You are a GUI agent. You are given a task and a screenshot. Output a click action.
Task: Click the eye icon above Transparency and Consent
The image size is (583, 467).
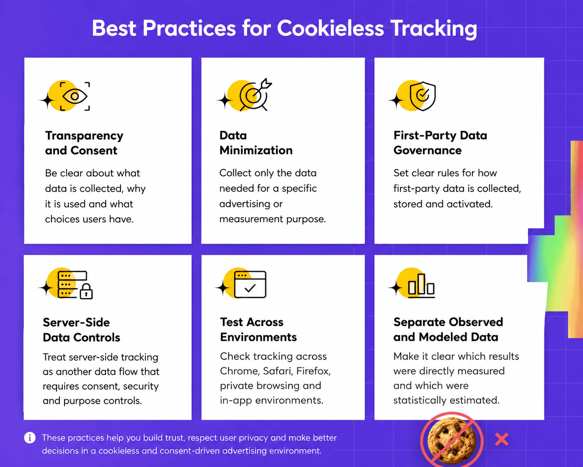(x=75, y=96)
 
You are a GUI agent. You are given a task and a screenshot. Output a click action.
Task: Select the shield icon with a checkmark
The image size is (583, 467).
(x=422, y=96)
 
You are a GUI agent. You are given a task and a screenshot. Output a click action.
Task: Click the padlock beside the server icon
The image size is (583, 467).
(x=86, y=291)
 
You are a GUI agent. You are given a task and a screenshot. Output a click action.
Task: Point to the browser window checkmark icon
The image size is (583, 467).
(x=250, y=284)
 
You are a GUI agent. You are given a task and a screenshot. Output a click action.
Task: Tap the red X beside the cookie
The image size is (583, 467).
(x=501, y=439)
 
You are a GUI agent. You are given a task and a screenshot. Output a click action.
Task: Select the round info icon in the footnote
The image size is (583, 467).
(x=30, y=437)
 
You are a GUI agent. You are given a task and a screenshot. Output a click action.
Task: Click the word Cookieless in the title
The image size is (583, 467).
(x=330, y=28)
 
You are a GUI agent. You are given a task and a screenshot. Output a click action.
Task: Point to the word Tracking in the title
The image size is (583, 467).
(x=434, y=29)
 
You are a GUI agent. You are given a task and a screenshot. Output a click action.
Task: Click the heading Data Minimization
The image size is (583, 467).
(x=256, y=143)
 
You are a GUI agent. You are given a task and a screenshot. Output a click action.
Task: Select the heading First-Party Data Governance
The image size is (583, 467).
(x=440, y=143)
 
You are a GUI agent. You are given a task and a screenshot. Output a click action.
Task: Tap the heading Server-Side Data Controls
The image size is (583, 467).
(x=81, y=330)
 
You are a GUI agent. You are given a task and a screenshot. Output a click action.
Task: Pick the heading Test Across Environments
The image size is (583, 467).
(x=258, y=330)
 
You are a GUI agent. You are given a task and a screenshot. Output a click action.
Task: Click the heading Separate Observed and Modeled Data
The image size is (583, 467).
(x=448, y=330)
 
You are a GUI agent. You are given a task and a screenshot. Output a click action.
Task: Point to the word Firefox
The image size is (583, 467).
(x=314, y=371)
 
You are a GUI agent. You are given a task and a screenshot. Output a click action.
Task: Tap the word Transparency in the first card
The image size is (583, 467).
(x=84, y=136)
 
